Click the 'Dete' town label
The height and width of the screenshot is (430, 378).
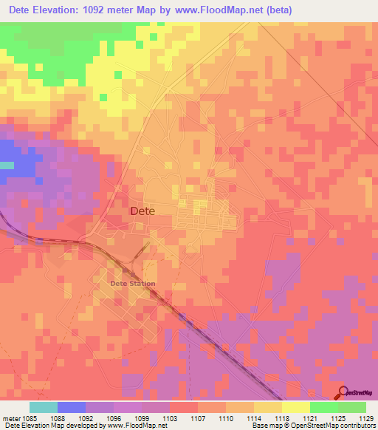[142, 211]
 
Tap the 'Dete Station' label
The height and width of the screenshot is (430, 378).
[132, 284]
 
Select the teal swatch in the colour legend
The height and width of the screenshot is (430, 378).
[44, 407]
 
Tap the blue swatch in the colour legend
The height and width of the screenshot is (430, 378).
[72, 407]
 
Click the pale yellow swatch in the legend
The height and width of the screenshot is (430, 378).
[296, 407]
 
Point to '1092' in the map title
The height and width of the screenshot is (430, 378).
[117, 10]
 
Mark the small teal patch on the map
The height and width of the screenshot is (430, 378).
[6, 165]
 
